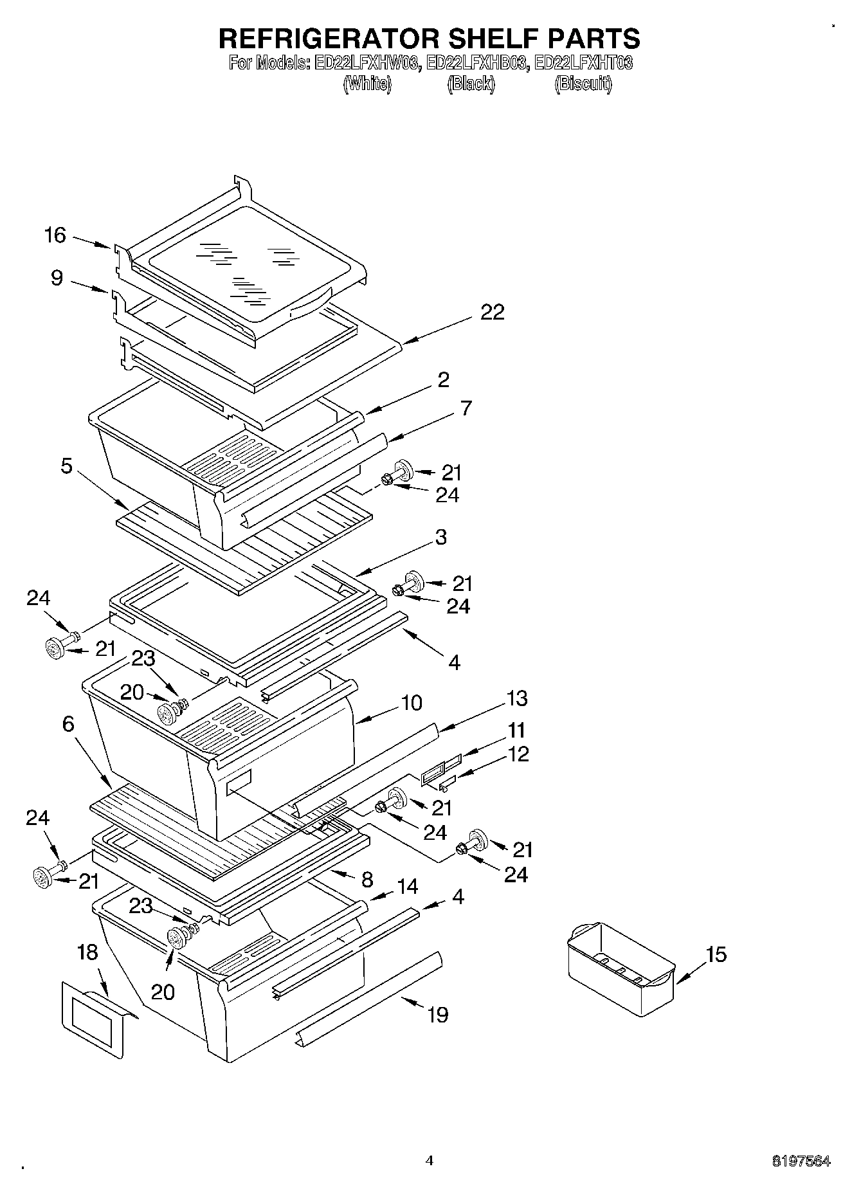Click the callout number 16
55,235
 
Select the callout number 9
57,278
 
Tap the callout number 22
493,313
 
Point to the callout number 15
716,955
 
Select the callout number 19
437,1015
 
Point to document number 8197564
801,1161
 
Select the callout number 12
518,754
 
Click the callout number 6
68,724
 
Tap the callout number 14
408,887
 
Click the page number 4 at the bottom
430,1161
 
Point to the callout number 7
466,408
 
